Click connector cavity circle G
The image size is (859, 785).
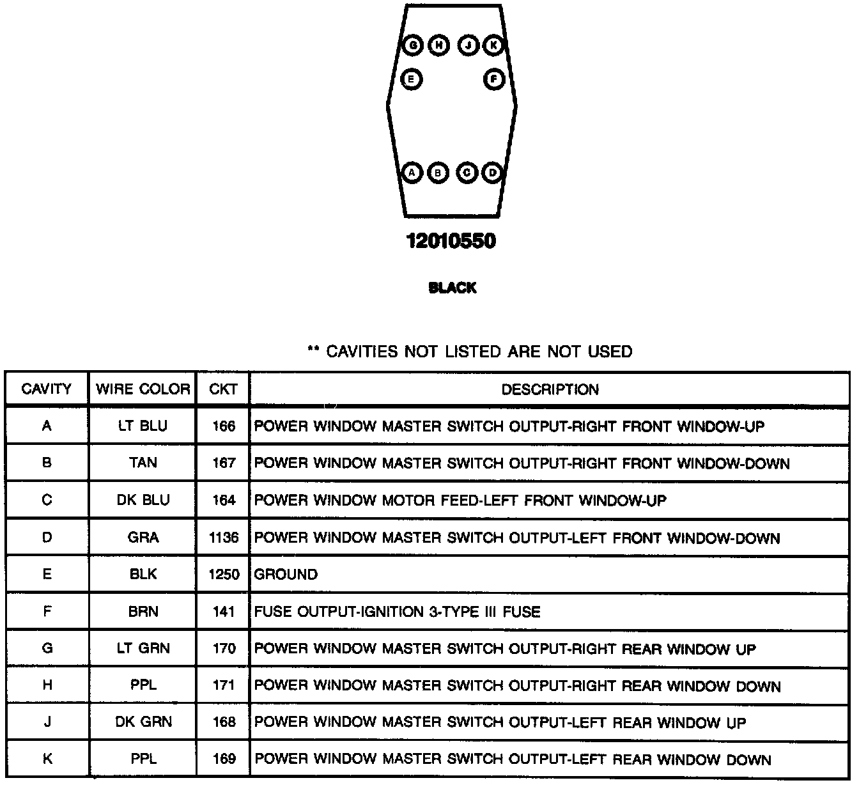point(413,45)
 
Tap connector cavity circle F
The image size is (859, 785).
point(493,79)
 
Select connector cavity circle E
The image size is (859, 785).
point(412,79)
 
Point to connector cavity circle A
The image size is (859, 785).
point(412,173)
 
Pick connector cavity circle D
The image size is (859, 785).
point(492,173)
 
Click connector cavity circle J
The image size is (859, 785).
point(468,45)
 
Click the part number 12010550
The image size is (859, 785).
point(451,242)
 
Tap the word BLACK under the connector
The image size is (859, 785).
point(453,288)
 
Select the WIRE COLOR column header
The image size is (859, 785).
point(143,389)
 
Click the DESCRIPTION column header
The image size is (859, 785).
point(550,389)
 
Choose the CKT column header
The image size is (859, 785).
point(223,389)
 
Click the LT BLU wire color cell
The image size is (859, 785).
point(143,426)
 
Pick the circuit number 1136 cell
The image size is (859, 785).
point(224,538)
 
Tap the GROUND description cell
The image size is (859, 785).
point(286,575)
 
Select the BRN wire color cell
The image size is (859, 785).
point(143,612)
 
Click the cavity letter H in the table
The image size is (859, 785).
point(47,686)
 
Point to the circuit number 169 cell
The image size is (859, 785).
point(224,759)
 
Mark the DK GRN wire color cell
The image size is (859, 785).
point(143,722)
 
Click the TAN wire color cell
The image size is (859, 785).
point(143,463)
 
